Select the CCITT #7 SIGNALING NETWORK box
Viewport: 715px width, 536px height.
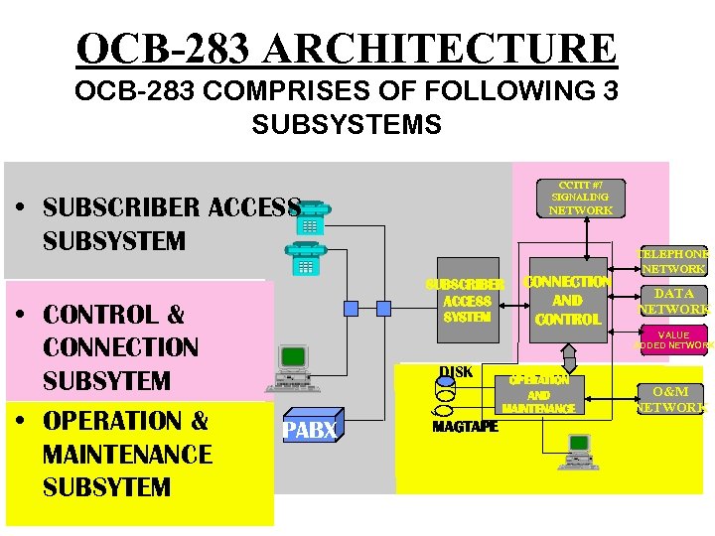point(581,198)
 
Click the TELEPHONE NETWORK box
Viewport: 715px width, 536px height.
point(673,260)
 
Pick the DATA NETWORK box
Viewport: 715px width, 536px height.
point(673,301)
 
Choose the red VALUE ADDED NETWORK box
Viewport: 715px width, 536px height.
point(673,340)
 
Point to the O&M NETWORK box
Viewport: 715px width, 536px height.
point(671,398)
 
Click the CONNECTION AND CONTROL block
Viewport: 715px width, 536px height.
point(567,301)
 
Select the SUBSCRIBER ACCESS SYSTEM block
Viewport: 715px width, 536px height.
point(467,301)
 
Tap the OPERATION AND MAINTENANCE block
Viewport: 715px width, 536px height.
point(538,394)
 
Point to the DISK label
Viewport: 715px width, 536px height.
point(456,372)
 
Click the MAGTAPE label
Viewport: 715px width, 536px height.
point(465,427)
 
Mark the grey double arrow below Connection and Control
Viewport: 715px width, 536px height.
point(568,353)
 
